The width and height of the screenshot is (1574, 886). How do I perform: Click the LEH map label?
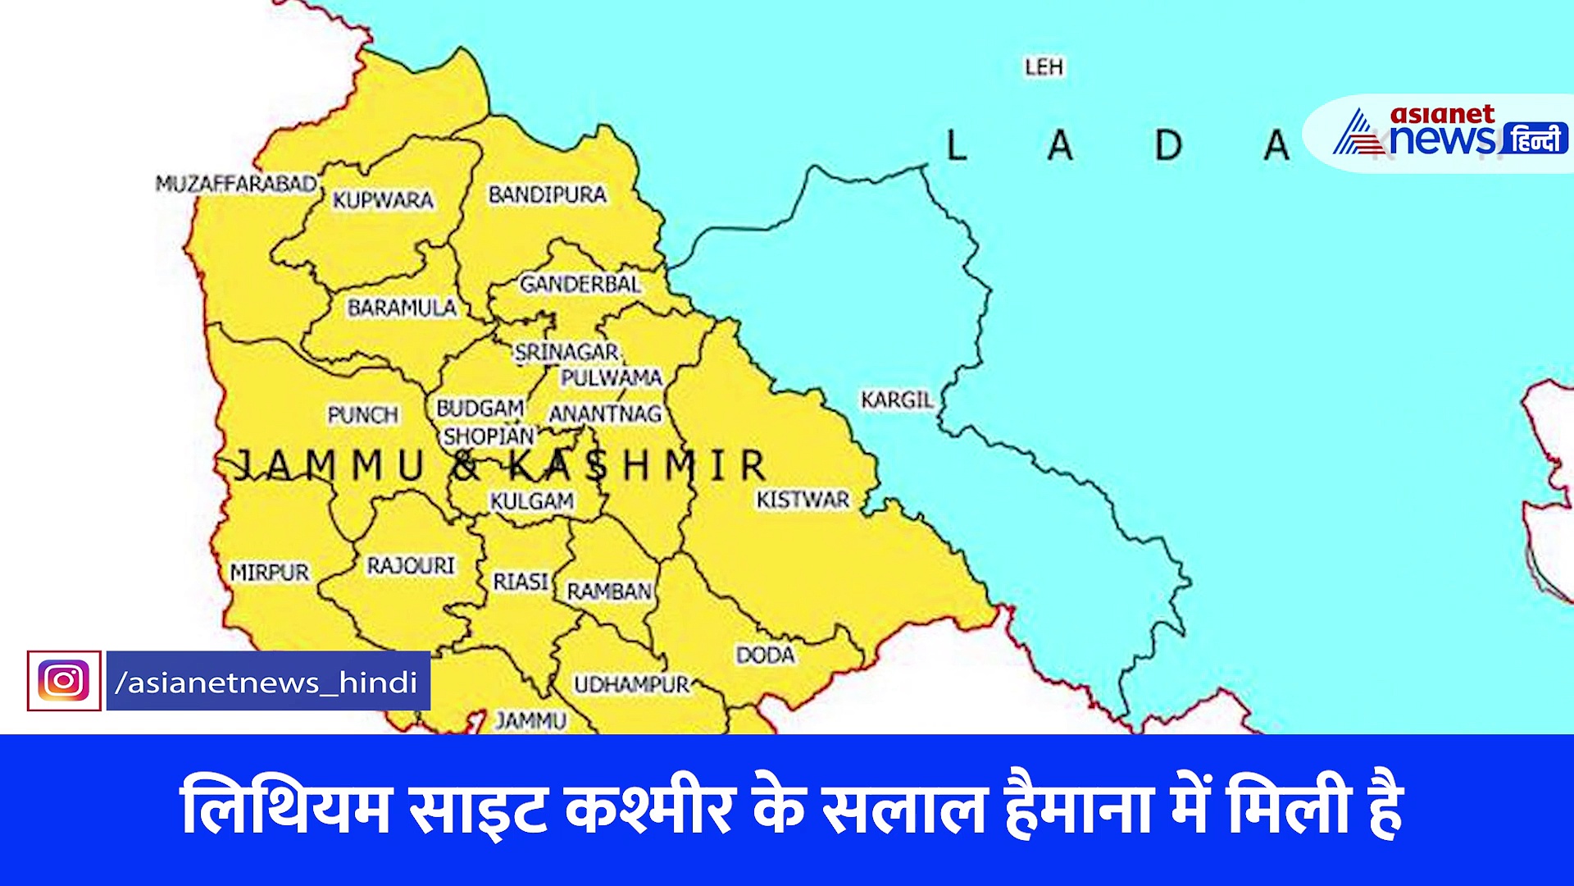click(x=1044, y=67)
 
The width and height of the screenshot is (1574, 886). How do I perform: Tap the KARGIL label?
click(x=897, y=400)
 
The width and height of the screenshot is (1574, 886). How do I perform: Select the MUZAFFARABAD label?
click(x=236, y=184)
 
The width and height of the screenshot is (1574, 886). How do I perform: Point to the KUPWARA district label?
click(x=383, y=200)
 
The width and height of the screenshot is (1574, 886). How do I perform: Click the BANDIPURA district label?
click(x=547, y=195)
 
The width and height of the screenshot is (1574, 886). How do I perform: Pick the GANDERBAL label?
click(x=580, y=285)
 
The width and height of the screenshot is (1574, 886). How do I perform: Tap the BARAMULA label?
click(x=402, y=308)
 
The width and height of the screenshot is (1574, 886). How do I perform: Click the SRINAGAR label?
click(x=566, y=353)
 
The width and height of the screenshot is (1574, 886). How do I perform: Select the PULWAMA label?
click(x=611, y=378)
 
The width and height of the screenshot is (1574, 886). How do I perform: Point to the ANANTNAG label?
click(x=605, y=414)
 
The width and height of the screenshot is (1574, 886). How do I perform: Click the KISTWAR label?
click(x=803, y=500)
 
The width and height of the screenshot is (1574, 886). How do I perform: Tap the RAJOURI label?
click(x=411, y=566)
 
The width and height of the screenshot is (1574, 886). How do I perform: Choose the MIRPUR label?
click(x=269, y=573)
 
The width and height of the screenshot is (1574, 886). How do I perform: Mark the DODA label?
click(x=765, y=655)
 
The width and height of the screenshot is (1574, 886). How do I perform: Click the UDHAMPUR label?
click(x=631, y=684)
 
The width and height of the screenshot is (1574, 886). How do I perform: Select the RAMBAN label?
click(x=609, y=591)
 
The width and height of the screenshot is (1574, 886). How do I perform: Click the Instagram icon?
click(x=64, y=681)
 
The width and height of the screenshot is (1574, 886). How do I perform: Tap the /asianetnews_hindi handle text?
click(x=267, y=682)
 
